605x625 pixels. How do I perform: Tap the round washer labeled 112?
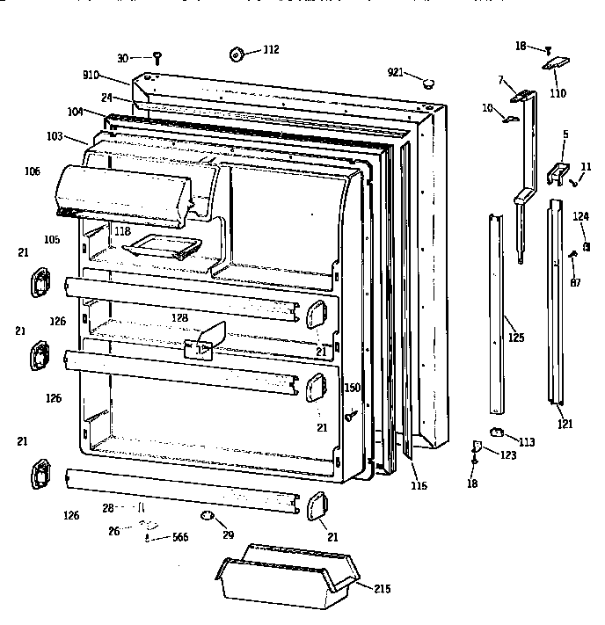237,55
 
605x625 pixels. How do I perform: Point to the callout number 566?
179,537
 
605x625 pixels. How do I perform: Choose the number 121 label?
565,424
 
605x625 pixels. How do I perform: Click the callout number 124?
581,215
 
